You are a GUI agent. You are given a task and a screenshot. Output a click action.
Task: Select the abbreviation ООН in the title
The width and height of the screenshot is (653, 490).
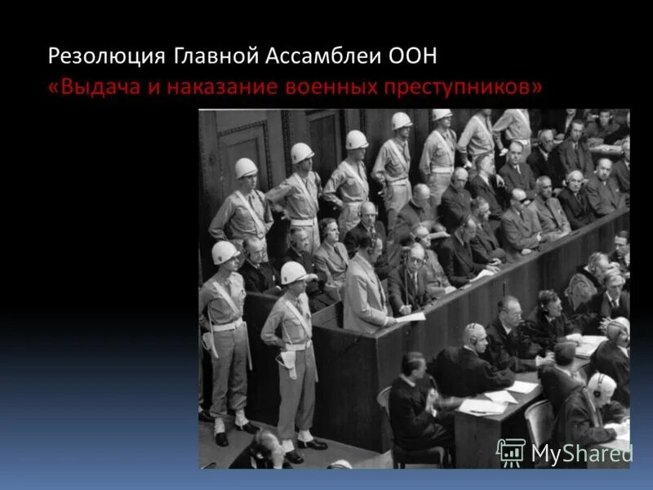412,56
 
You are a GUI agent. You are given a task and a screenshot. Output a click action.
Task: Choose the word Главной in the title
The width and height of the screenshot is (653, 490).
214,56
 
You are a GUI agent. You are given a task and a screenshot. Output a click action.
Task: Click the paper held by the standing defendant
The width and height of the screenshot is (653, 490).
411,316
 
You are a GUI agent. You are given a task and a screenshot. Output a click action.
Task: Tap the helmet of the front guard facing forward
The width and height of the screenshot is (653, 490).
293,273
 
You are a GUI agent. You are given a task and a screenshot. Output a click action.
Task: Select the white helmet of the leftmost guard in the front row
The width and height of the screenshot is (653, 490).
224,252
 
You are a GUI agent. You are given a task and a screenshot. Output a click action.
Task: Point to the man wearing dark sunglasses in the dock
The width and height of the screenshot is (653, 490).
519,198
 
